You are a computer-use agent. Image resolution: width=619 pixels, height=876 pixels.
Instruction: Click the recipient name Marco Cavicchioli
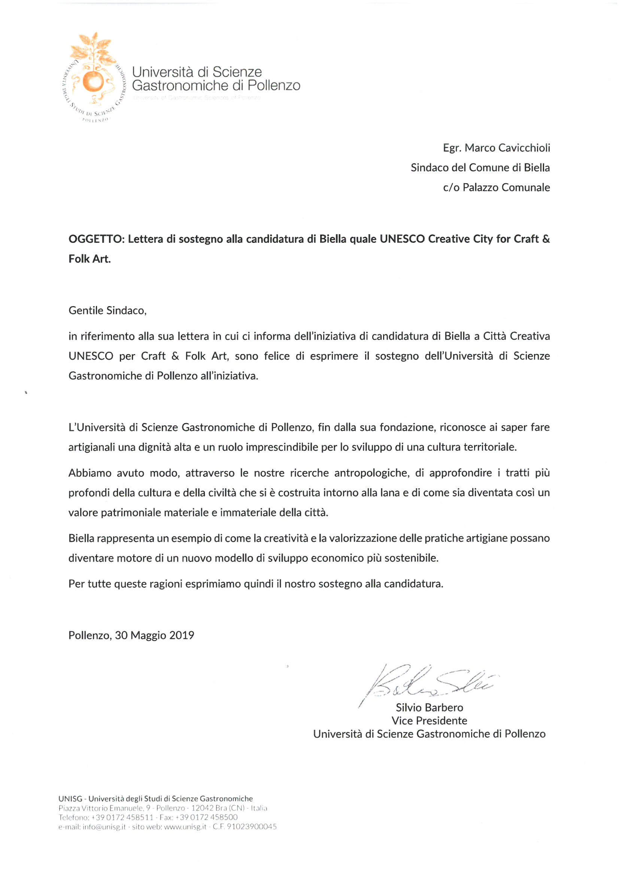tap(507, 148)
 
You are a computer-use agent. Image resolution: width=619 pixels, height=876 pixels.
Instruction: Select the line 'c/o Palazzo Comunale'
tap(496, 187)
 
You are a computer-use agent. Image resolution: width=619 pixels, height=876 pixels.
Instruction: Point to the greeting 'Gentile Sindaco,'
tap(107, 310)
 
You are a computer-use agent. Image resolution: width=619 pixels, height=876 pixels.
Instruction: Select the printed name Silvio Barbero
tap(429, 707)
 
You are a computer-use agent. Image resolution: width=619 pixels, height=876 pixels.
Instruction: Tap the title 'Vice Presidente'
tap(429, 721)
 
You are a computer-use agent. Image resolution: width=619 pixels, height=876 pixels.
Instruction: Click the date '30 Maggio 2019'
tap(154, 635)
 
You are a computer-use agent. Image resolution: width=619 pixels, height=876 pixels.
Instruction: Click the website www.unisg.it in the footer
tap(185, 827)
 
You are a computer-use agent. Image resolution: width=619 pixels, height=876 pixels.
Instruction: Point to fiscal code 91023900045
tap(252, 827)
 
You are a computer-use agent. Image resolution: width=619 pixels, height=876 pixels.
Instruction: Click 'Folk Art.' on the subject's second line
tap(89, 259)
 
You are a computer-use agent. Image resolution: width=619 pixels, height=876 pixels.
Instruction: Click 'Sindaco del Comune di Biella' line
tap(480, 167)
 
